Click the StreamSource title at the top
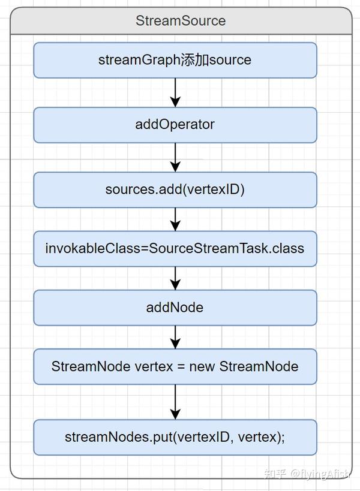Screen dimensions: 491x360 (181, 20)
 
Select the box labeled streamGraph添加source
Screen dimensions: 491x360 (175, 60)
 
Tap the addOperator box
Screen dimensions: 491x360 (175, 125)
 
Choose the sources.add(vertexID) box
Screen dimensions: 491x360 (175, 189)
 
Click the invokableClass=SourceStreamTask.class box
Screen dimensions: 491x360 (175, 248)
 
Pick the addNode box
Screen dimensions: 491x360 (175, 308)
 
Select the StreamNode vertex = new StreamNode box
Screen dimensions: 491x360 (175, 366)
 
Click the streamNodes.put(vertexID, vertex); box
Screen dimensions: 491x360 (175, 437)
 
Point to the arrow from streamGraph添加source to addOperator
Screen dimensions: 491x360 (175, 92)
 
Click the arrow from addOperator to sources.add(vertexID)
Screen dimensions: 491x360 (175, 157)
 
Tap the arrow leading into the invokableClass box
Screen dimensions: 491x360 (175, 219)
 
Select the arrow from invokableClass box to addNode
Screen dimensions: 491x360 (175, 278)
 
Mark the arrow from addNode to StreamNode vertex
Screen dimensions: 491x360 (175, 337)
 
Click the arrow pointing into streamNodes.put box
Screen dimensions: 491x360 (175, 402)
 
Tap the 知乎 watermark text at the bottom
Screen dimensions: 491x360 (275, 474)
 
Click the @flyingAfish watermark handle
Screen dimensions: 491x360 (321, 474)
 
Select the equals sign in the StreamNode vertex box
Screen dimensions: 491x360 (181, 366)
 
